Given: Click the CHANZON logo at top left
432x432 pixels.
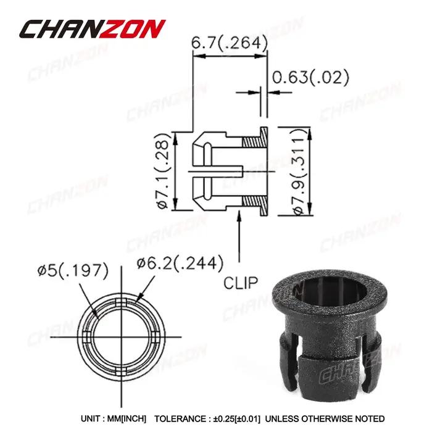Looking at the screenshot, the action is point(93,28).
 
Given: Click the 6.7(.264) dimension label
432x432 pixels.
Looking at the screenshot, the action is point(230,43).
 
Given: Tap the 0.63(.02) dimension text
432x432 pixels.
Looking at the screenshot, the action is point(310,77).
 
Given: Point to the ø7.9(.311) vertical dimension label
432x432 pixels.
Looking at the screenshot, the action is point(300,172).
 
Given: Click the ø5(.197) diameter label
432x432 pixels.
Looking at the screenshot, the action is point(73,270).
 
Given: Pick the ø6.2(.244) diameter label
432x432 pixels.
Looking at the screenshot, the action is point(180,264).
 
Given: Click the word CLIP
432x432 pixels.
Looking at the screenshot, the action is point(241,283).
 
